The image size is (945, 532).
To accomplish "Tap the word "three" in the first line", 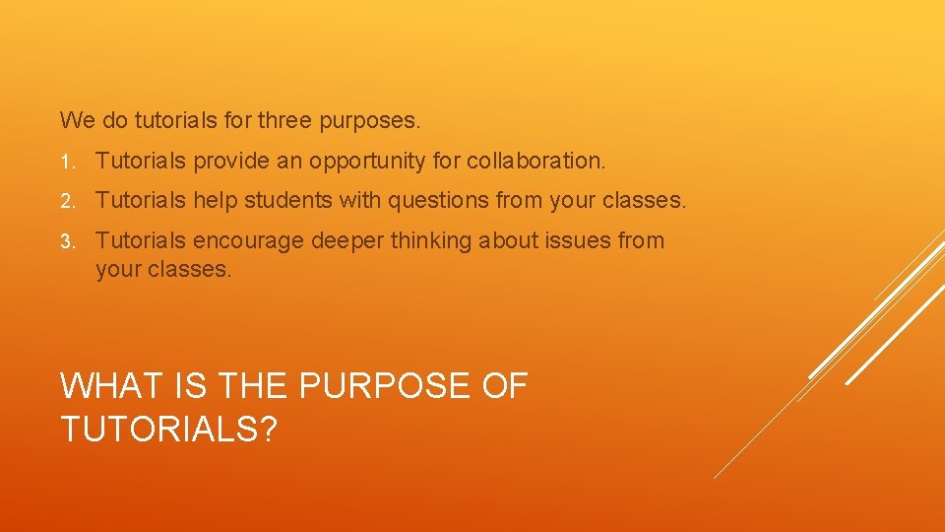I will tap(284, 121).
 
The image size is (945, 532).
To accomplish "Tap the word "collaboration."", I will tap(536, 161).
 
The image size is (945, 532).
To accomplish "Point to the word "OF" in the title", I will tap(505, 386).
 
